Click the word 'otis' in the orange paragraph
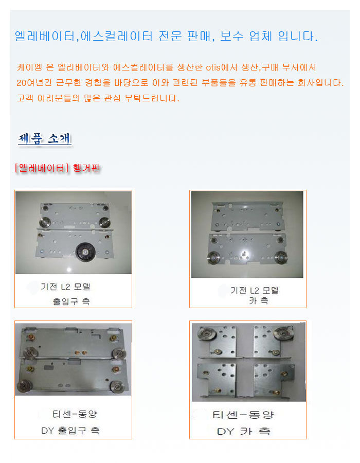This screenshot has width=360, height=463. click(x=213, y=67)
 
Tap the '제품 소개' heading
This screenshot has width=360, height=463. click(x=45, y=138)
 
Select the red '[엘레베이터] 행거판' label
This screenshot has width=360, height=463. click(x=57, y=168)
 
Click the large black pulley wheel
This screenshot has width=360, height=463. click(x=85, y=252)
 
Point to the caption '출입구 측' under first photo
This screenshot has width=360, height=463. click(x=71, y=301)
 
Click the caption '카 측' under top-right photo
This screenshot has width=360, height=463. click(x=259, y=300)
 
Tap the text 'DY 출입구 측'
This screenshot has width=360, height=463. click(x=70, y=431)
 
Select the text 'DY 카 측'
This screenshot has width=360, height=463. click(x=243, y=432)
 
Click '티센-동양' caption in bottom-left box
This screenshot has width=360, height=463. click(x=75, y=414)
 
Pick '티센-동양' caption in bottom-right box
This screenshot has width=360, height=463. click(x=243, y=415)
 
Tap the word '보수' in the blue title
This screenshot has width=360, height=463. click(x=231, y=37)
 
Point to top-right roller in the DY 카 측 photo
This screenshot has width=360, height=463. click(x=282, y=333)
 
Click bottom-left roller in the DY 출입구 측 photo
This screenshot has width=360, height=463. click(x=24, y=386)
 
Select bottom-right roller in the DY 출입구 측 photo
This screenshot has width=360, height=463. click(x=117, y=387)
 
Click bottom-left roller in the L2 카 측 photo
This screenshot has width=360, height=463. click(x=213, y=258)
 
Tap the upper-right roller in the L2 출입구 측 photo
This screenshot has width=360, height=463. click(x=104, y=222)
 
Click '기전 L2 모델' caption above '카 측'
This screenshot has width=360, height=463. click(x=255, y=291)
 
